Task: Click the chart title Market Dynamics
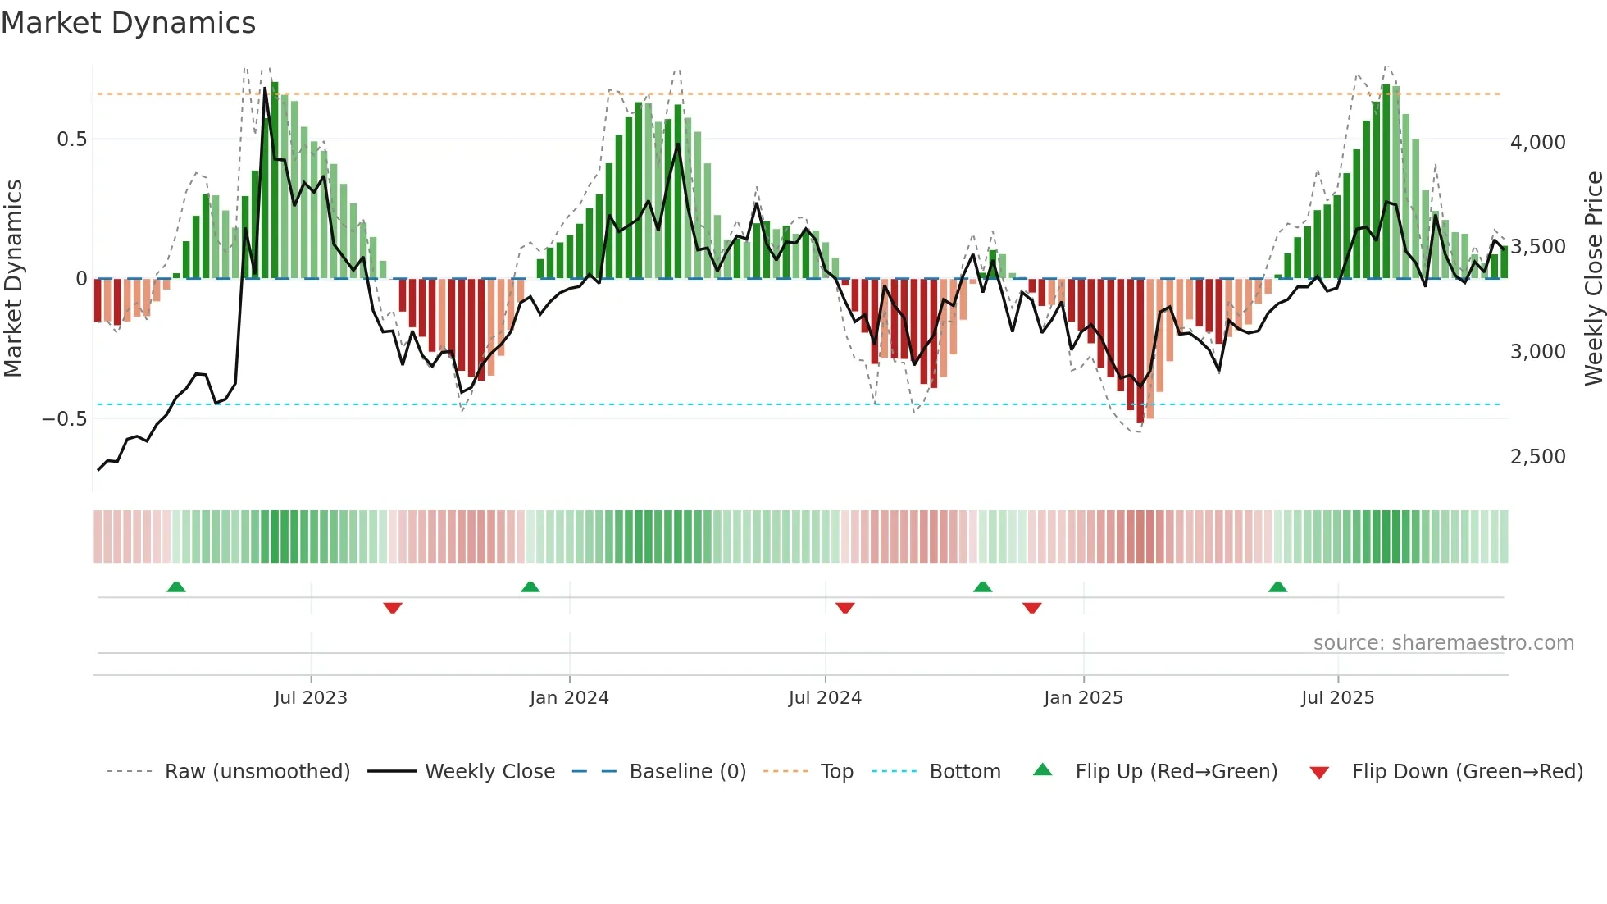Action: pyautogui.click(x=128, y=23)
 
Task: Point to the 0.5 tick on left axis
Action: pyautogui.click(x=71, y=139)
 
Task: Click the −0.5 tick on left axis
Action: pyautogui.click(x=65, y=419)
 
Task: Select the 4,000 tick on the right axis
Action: pyautogui.click(x=1537, y=143)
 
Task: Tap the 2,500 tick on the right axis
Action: pyautogui.click(x=1537, y=457)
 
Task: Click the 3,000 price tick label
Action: pyautogui.click(x=1537, y=352)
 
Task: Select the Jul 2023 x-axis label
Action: pyautogui.click(x=311, y=698)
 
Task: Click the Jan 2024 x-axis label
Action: pyautogui.click(x=569, y=698)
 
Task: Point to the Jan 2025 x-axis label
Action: pyautogui.click(x=1083, y=698)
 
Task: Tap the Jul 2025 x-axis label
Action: pyautogui.click(x=1337, y=698)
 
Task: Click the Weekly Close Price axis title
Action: pyautogui.click(x=1593, y=278)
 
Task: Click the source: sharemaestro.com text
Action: pyautogui.click(x=1443, y=643)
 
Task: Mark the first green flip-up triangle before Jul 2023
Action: pyautogui.click(x=176, y=587)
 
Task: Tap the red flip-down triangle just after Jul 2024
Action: pyautogui.click(x=845, y=608)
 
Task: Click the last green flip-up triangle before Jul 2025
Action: pyautogui.click(x=1277, y=587)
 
